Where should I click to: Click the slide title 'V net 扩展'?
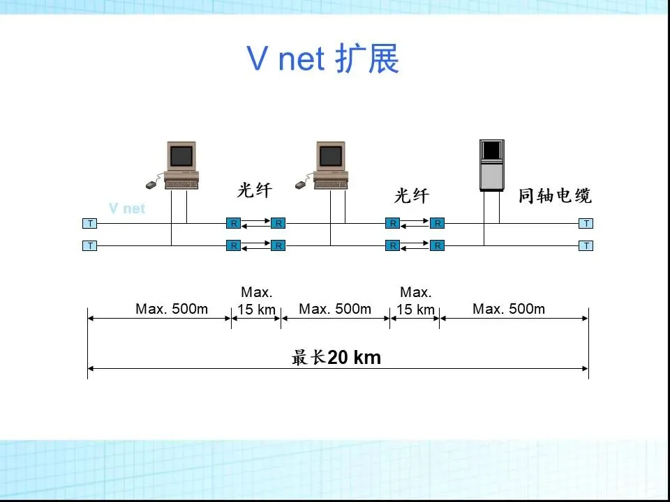(323, 59)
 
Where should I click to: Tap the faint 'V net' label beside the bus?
(127, 208)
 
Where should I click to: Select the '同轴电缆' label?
(555, 196)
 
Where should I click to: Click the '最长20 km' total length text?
(336, 358)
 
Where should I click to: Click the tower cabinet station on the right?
(491, 165)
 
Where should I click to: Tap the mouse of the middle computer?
(301, 185)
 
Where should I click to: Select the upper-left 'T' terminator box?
(90, 224)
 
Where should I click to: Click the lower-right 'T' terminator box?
(586, 246)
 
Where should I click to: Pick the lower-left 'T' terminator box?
(90, 246)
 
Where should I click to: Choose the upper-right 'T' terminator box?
(586, 224)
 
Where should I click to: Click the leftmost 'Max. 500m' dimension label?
(172, 309)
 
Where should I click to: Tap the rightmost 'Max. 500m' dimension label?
(509, 309)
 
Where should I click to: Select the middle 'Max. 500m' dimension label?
(335, 309)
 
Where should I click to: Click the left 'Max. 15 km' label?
(256, 301)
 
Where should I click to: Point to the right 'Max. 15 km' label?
(415, 301)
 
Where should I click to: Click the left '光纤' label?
(254, 190)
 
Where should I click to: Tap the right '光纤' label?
(412, 196)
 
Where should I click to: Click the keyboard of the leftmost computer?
(182, 183)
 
